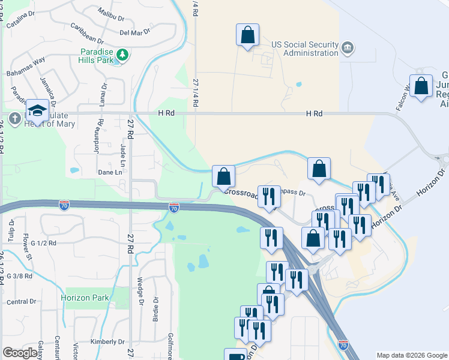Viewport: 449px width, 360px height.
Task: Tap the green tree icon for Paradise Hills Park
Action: click(123, 55)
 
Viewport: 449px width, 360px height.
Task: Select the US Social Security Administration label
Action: click(305, 49)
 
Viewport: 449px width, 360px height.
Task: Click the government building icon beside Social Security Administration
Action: click(348, 47)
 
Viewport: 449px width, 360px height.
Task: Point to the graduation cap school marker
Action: click(37, 110)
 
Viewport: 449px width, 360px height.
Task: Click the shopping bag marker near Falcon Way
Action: click(421, 86)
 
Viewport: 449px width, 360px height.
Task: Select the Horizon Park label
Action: click(84, 298)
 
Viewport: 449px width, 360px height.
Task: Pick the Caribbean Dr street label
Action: click(87, 29)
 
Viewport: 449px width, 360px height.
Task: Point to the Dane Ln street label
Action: click(110, 172)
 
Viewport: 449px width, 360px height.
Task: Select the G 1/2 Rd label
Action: click(43, 243)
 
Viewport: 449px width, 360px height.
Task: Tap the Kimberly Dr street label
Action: click(103, 341)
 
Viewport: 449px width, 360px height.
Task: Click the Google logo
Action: click(20, 353)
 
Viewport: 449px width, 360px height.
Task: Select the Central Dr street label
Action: click(22, 302)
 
